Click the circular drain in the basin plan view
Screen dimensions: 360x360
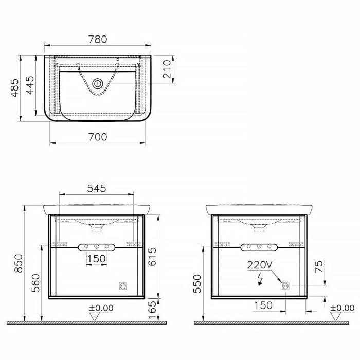coord(98,83)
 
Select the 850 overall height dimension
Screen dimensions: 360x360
coord(17,263)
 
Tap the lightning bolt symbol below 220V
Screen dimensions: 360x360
coord(260,278)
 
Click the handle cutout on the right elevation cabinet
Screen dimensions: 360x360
coord(260,247)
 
